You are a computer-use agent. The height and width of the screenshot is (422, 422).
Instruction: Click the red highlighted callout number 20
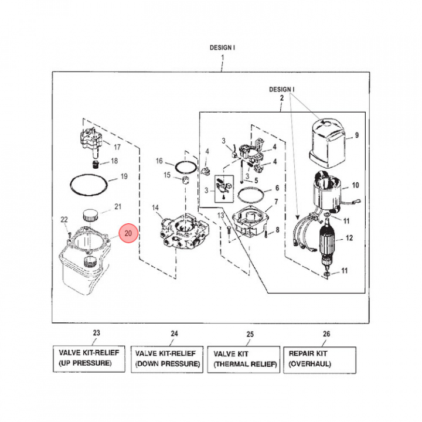(x=128, y=233)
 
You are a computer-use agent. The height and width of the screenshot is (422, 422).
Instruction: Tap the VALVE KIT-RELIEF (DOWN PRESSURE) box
(x=167, y=358)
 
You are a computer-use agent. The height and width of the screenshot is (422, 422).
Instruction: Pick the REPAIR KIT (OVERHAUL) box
(x=321, y=358)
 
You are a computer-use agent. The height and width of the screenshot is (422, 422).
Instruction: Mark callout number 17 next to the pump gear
(x=117, y=147)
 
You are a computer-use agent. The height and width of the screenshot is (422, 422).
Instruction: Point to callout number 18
(x=114, y=161)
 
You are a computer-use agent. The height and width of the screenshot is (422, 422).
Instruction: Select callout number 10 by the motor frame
(x=354, y=186)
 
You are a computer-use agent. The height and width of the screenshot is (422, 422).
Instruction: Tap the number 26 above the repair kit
(x=326, y=334)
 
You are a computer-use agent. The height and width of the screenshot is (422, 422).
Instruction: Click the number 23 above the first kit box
(x=97, y=333)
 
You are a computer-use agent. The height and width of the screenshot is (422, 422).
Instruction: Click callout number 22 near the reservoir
(x=64, y=220)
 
